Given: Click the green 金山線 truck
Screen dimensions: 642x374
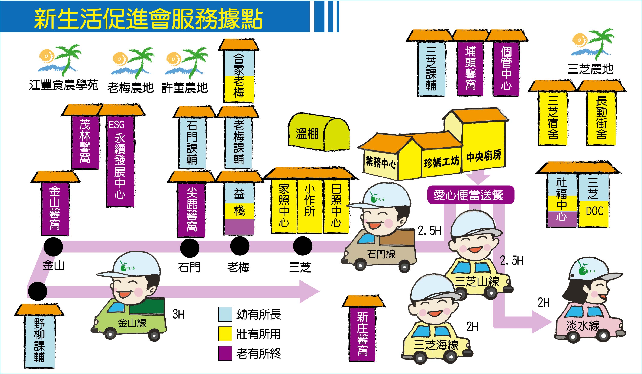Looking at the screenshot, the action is [129, 320].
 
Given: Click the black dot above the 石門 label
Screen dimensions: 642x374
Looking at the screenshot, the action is [190, 248].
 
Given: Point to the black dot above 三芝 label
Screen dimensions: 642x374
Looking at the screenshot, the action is [302, 246].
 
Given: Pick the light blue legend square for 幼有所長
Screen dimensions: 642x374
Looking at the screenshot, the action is [225, 314].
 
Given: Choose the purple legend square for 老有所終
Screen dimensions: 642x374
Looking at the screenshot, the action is [225, 353].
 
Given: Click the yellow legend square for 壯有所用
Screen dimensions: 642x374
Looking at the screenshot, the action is [225, 334].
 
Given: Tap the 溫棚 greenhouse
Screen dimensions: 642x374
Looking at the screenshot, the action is [319, 132].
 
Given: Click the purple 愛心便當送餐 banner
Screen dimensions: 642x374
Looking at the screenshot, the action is [471, 195].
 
